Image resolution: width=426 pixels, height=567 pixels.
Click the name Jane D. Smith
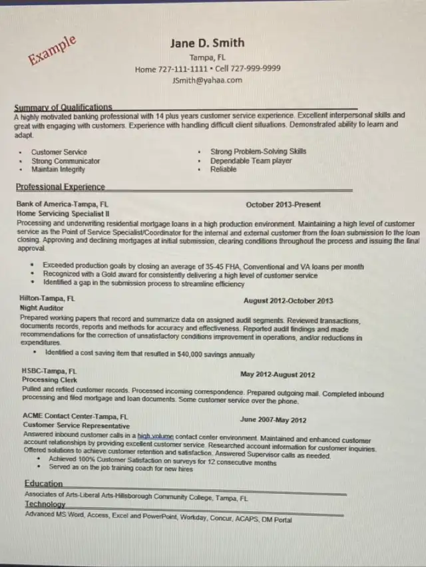pos(207,43)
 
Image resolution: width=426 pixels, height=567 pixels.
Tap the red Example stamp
pos(52,51)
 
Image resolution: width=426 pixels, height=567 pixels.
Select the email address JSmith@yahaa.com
pos(207,80)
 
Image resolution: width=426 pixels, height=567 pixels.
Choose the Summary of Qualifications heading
pos(63,106)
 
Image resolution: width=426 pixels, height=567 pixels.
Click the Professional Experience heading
pos(60,187)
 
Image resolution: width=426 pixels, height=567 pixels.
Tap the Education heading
pos(44,483)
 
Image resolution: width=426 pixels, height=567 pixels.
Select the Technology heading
pos(45,504)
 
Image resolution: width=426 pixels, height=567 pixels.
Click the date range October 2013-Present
pos(283,204)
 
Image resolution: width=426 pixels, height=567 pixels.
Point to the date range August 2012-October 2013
pos(288,301)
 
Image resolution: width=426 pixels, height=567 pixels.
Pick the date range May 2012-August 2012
pos(278,375)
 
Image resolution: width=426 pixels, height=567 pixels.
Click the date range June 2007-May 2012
pos(273,420)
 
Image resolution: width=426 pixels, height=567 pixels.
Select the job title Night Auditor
pos(42,309)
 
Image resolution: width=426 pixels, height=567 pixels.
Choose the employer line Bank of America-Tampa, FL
pos(63,204)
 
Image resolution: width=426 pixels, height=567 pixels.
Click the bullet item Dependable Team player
pos(251,160)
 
